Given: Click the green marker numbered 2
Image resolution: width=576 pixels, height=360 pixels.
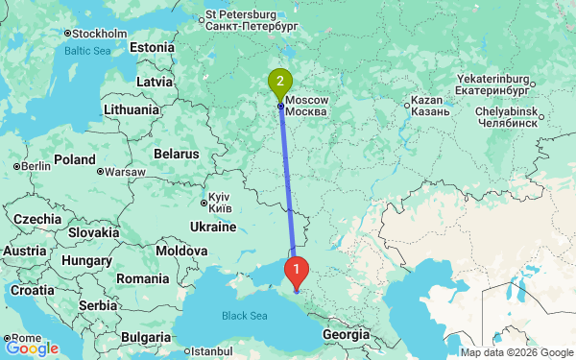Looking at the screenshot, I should click(280, 83).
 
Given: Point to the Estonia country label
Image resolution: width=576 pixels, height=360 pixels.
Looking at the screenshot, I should click(152, 47).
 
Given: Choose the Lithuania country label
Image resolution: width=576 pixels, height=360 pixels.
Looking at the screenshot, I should click(133, 109).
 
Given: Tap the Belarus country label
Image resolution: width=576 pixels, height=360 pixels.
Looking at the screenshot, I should click(176, 153).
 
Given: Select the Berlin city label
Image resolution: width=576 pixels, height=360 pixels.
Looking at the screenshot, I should click(34, 166).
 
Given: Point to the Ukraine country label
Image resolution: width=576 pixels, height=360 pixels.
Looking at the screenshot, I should click(212, 227).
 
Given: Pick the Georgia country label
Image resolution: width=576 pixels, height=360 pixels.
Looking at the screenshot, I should click(346, 334).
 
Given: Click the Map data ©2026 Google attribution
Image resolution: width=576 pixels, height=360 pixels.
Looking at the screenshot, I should click(516, 352).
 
